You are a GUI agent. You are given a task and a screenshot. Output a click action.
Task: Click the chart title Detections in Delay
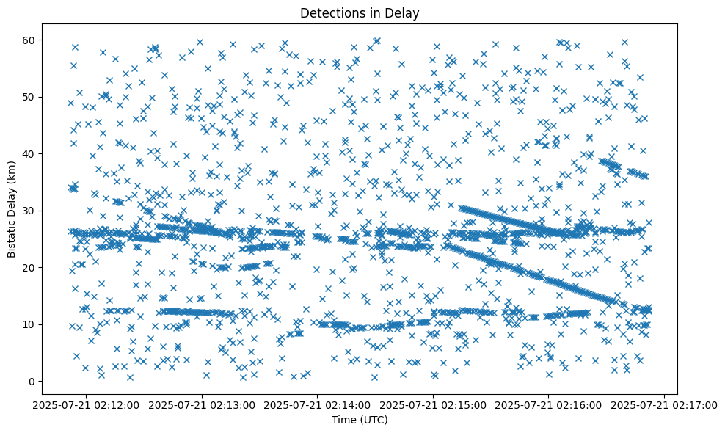coord(360,12)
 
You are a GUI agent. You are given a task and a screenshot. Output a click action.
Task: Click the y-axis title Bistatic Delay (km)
coord(12,209)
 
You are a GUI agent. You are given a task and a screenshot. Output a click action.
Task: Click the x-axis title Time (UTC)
coord(360,421)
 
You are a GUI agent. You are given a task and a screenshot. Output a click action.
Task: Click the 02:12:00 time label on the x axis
coord(87,404)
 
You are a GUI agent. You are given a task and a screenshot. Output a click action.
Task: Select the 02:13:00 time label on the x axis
coord(203,404)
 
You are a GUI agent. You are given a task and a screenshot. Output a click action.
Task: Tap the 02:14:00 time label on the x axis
coord(318,404)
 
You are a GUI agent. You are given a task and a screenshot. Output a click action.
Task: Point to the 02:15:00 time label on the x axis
coord(434,404)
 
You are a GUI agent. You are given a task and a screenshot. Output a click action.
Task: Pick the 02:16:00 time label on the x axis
coord(549,404)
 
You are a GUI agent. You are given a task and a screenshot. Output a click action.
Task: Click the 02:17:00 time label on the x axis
coord(665,404)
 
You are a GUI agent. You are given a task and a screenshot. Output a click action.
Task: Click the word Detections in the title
coord(329,12)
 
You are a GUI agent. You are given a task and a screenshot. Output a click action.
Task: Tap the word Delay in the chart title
coord(404,12)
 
